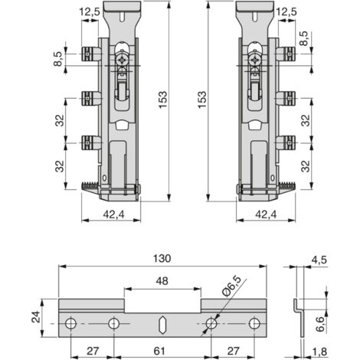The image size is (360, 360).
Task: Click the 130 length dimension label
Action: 162,258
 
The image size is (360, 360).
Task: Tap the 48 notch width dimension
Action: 162,281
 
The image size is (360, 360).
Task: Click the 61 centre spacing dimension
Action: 159,351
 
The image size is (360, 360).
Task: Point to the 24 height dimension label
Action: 36,317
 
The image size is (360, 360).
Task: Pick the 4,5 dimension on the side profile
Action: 319,260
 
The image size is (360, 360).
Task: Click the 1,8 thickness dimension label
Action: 319,352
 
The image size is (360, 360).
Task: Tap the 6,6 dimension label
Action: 319,324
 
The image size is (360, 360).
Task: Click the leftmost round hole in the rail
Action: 70,323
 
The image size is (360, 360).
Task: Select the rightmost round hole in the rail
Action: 254,323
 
